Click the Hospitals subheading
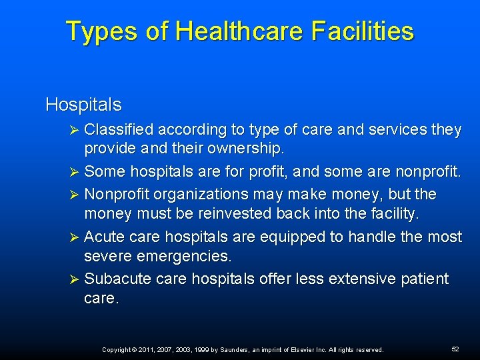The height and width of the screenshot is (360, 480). pos(83,105)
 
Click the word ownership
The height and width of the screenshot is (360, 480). pos(247,147)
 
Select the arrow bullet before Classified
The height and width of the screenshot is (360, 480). pos(75,131)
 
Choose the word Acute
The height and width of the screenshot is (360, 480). pos(103,237)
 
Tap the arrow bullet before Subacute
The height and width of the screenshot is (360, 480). pos(75,279)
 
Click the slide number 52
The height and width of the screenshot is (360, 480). pos(455,349)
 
